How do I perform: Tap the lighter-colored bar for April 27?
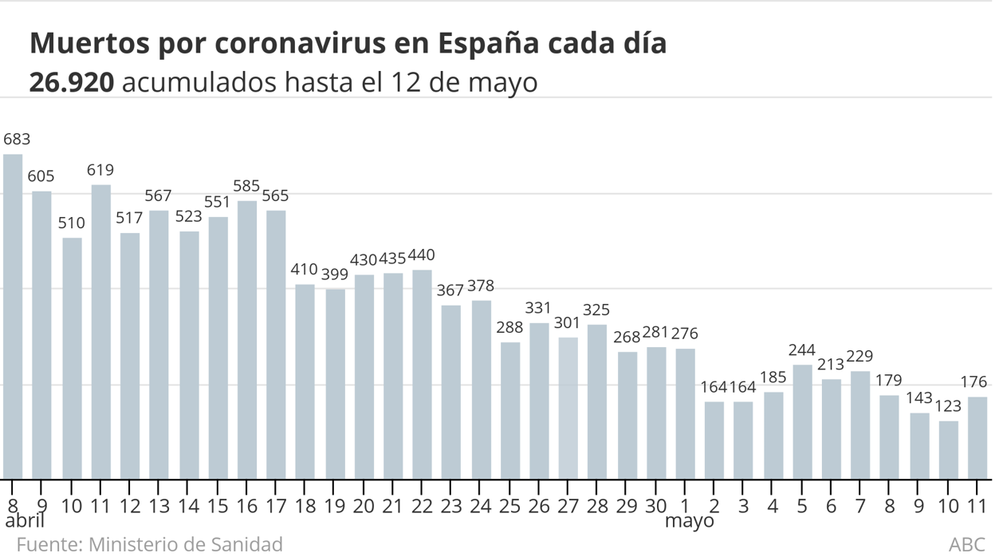point(568,409)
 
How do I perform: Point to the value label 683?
point(17,140)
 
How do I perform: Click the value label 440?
point(421,256)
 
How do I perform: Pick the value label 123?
point(948,407)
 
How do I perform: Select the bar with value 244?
point(802,422)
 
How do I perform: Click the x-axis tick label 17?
point(276,506)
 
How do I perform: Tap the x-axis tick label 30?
point(656,506)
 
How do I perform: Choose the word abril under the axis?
point(25,522)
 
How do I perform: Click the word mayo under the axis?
point(690,522)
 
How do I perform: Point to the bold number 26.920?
point(71,82)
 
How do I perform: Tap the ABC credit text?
point(966,544)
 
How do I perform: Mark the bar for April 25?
point(510,411)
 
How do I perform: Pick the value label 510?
point(72,223)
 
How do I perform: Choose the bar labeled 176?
point(977,438)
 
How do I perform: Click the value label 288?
point(510,328)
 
